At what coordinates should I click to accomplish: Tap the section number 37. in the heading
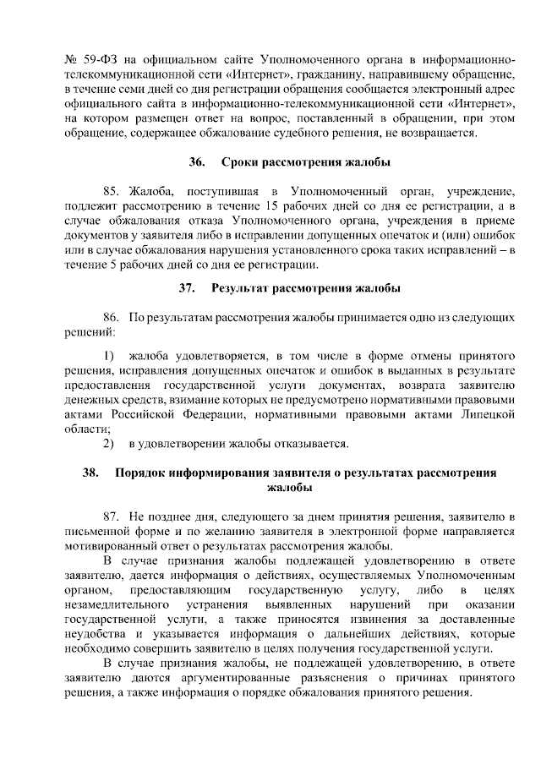[x=187, y=288]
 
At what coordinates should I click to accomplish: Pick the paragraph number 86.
[x=113, y=317]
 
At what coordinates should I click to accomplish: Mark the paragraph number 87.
[x=113, y=515]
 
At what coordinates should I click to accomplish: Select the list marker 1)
[x=108, y=356]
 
